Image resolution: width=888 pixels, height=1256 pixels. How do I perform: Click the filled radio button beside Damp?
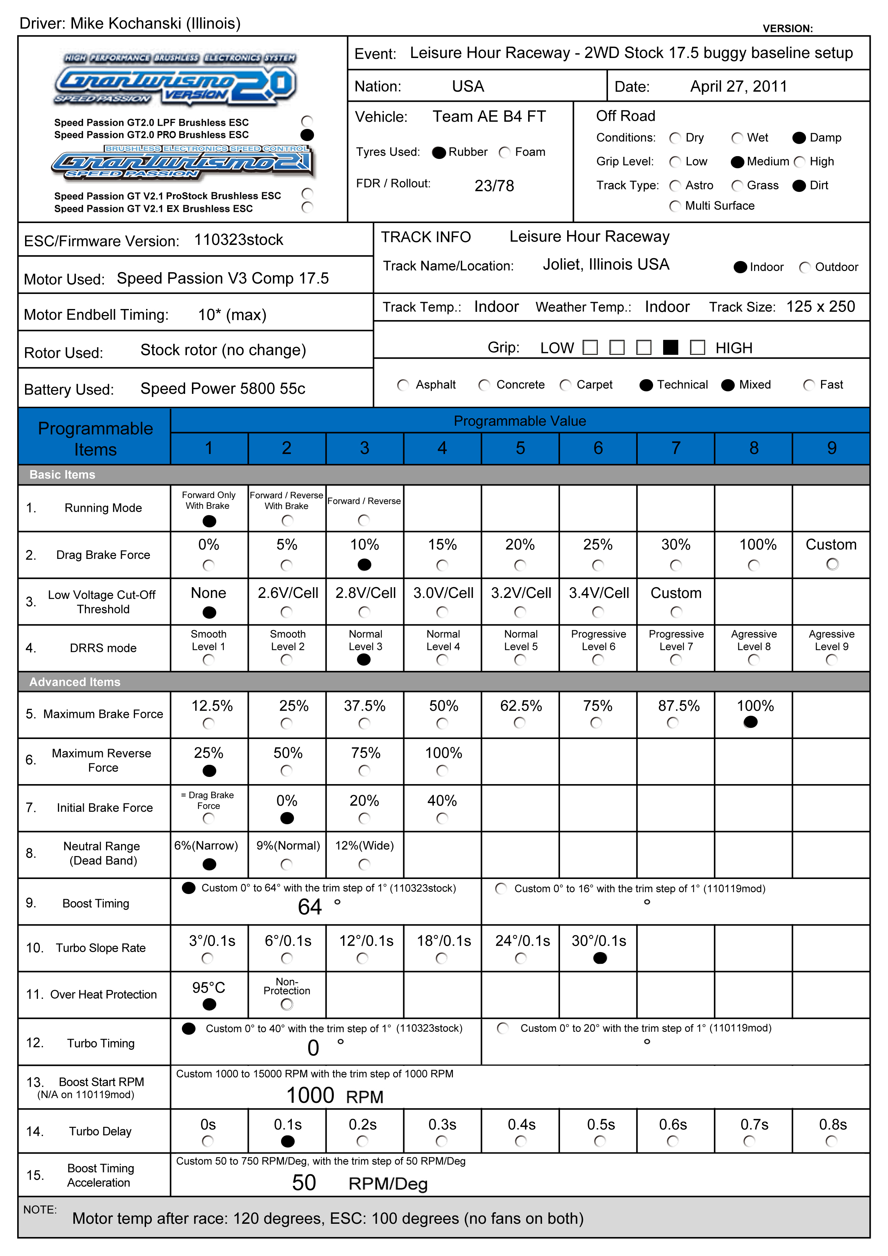pos(799,138)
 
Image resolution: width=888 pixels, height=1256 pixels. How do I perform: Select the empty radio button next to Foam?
pos(505,153)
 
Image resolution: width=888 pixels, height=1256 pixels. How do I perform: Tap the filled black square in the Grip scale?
pos(670,347)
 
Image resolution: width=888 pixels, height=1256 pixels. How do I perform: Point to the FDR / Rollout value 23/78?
pos(494,186)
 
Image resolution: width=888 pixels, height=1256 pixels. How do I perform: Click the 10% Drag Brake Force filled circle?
pos(365,565)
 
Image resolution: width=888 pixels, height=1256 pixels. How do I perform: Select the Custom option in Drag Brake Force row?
pos(832,564)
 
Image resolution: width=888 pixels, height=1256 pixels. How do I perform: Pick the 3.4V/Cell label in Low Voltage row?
pos(599,593)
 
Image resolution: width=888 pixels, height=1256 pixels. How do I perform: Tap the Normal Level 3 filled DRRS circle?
pos(364,660)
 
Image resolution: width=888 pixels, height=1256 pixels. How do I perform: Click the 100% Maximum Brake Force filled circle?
pos(751,722)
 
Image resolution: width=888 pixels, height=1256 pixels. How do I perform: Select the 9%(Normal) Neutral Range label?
pos(288,846)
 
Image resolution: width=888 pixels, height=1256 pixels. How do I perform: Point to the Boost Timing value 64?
pos(310,907)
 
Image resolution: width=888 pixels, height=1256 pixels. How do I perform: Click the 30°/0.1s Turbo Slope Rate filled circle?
pos(600,958)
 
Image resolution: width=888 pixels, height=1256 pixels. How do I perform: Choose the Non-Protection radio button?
pos(287,1004)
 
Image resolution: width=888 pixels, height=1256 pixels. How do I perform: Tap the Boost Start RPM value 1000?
pos(310,1096)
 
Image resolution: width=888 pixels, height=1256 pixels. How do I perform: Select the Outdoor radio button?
pos(805,267)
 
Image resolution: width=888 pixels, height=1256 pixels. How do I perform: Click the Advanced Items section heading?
pos(75,682)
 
